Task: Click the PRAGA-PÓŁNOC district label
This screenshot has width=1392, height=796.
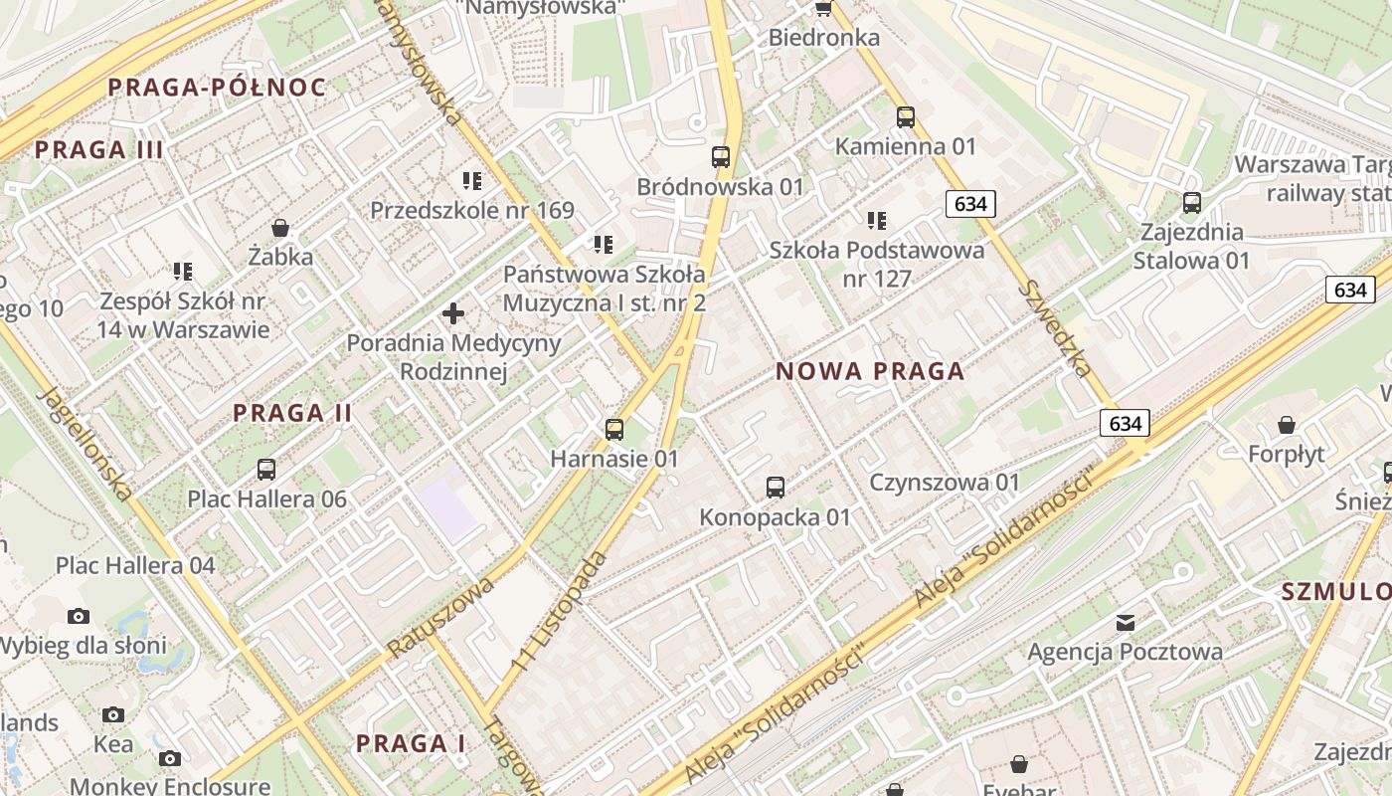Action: pyautogui.click(x=217, y=88)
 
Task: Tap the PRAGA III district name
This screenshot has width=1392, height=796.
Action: pyautogui.click(x=98, y=151)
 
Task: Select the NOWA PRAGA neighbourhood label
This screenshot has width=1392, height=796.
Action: pyautogui.click(x=870, y=372)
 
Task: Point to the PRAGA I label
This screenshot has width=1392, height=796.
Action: pyautogui.click(x=411, y=743)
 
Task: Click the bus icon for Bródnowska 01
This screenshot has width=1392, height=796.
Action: pyautogui.click(x=721, y=157)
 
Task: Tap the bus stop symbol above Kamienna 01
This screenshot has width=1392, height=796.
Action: pyautogui.click(x=905, y=117)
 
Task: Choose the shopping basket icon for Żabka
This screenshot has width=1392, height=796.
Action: pyautogui.click(x=280, y=228)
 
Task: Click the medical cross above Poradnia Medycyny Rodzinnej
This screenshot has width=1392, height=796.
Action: pyautogui.click(x=453, y=314)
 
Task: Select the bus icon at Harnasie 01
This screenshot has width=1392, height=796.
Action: pyautogui.click(x=614, y=430)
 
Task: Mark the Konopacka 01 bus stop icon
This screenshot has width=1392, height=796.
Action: pyautogui.click(x=776, y=488)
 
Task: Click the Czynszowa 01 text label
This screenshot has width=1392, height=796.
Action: pyautogui.click(x=945, y=483)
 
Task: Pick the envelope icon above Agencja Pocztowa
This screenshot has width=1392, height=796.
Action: pyautogui.click(x=1126, y=623)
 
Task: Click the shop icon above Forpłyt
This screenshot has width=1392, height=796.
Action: pyautogui.click(x=1287, y=425)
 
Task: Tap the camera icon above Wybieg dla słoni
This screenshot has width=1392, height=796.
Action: pyautogui.click(x=79, y=616)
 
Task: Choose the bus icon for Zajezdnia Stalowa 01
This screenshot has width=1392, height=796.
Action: pyautogui.click(x=1191, y=203)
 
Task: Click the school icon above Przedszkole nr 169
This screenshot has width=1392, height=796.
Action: pyautogui.click(x=472, y=181)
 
